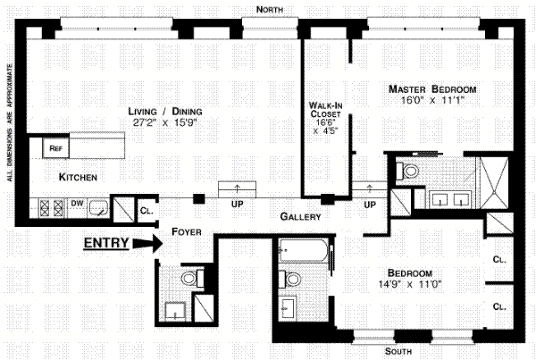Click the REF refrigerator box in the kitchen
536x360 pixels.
[x=55, y=148]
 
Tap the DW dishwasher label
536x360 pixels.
[x=77, y=203]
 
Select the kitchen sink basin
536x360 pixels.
[x=98, y=207]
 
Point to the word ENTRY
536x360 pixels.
[x=106, y=243]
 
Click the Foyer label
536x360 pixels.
[x=187, y=231]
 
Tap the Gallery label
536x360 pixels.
[x=300, y=216]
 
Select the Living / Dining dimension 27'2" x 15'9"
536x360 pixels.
[x=165, y=122]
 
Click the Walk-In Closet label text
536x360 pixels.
[x=325, y=109]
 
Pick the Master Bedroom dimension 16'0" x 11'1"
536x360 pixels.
[x=432, y=101]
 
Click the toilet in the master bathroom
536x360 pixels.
[x=407, y=171]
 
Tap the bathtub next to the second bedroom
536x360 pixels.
[x=304, y=250]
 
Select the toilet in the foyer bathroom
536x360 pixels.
[x=192, y=278]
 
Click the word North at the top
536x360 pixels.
[x=270, y=10]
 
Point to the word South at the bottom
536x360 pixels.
[x=398, y=351]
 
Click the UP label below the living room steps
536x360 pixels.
[x=237, y=204]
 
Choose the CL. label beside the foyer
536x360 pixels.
[x=147, y=211]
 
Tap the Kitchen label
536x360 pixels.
[x=78, y=177]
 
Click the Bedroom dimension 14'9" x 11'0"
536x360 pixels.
[x=410, y=284]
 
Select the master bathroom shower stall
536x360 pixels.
[x=494, y=182]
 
